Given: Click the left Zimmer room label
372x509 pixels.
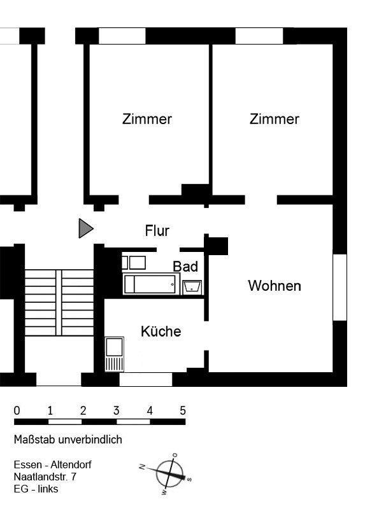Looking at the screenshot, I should tap(147, 119).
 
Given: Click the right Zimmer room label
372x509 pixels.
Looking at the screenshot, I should tap(275, 119).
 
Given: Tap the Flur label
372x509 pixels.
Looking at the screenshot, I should tap(157, 231).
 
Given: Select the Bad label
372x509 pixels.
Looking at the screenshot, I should tap(185, 267).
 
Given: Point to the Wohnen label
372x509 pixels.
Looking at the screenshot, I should tap(275, 286).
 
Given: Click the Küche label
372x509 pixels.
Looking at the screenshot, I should tap(161, 331).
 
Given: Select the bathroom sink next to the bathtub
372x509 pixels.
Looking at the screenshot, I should tap(192, 287).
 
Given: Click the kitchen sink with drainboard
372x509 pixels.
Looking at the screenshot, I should tap(115, 354).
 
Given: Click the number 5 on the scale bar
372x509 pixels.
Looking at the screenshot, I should tap(183, 410).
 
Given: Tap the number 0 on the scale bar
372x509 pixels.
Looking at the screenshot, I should tap(17, 410).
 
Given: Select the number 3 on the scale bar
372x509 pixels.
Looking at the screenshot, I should tap(116, 410).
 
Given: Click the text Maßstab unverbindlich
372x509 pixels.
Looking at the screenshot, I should tap(68, 440).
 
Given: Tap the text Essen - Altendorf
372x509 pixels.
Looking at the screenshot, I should tap(52, 464).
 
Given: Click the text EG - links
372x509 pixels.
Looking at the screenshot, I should tap(36, 489).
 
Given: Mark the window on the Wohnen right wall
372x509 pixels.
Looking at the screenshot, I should tap(340, 287).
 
